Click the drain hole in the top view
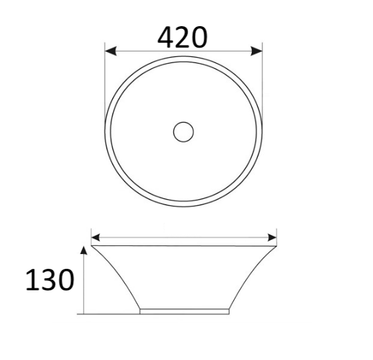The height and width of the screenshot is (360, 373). click(x=183, y=131)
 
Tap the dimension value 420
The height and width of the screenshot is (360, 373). click(x=182, y=38)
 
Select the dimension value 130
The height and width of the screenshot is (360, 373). click(x=49, y=281)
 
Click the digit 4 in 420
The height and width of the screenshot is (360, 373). click(x=167, y=38)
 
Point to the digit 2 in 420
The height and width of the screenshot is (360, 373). click(x=183, y=38)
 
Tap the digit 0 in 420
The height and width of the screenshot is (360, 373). click(x=198, y=38)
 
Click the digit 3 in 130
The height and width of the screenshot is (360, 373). click(x=48, y=281)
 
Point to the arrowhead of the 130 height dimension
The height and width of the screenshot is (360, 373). click(x=83, y=250)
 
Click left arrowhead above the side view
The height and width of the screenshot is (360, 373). click(x=96, y=237)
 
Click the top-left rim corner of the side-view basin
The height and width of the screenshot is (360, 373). click(x=91, y=246)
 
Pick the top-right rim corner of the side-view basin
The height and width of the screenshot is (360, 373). click(x=276, y=246)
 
